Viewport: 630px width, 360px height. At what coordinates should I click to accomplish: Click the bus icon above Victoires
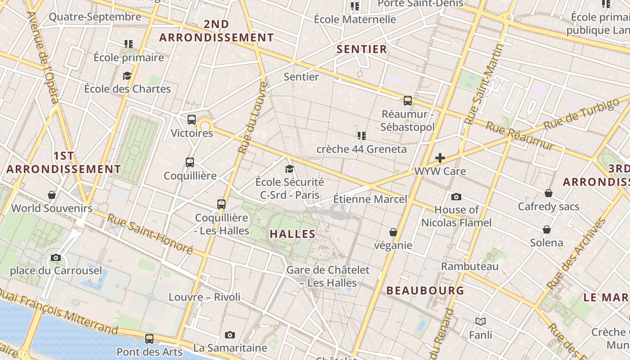(192, 120)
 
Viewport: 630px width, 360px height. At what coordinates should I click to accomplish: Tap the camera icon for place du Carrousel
(56, 257)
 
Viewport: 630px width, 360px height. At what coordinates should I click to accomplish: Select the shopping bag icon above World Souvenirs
(52, 195)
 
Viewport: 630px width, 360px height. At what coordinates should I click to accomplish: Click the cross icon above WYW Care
(440, 158)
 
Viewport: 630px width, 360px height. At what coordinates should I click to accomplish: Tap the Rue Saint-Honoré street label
(150, 234)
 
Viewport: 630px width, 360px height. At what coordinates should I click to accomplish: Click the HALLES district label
(292, 234)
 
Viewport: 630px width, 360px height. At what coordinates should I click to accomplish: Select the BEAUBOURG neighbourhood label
(425, 291)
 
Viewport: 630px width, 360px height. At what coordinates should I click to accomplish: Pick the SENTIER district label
(362, 49)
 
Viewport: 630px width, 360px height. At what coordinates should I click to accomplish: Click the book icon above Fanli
(481, 321)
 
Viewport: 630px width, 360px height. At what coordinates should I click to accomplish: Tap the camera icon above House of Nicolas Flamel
(456, 197)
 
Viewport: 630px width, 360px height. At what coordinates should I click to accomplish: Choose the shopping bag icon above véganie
(393, 232)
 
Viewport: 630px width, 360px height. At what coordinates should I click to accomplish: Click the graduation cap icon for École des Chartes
(127, 76)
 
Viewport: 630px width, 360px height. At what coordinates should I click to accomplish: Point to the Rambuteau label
(470, 266)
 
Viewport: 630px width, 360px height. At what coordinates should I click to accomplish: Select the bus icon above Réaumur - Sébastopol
(408, 100)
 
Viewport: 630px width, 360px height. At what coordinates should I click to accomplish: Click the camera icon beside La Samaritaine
(230, 335)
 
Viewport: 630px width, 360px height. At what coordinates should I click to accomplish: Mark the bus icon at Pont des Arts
(149, 338)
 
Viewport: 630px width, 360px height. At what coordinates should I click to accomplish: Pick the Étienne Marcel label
(370, 199)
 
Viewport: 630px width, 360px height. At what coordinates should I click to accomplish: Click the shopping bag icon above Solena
(547, 229)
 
